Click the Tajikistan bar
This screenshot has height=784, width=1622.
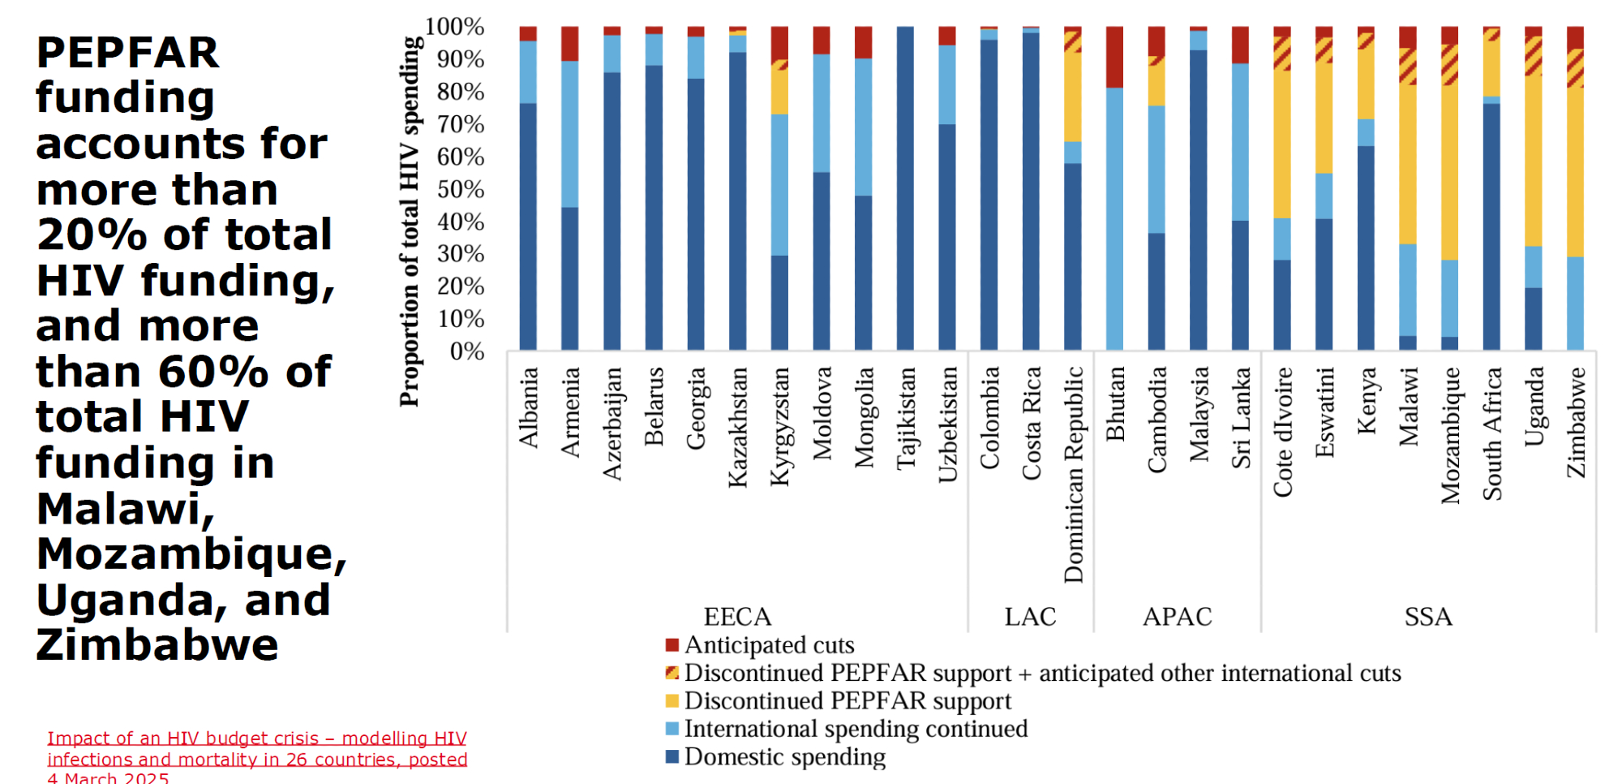[905, 188]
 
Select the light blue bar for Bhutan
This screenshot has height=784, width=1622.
[1114, 219]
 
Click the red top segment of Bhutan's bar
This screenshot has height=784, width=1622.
[1114, 57]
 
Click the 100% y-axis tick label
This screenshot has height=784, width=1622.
[455, 27]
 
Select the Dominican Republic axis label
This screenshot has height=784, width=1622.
[1073, 475]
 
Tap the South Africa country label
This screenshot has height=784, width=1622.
[1492, 433]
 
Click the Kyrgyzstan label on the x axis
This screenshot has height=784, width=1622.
[779, 427]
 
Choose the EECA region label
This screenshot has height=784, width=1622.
[737, 617]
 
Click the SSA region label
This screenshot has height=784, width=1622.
[1428, 617]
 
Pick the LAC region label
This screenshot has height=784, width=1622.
[1030, 617]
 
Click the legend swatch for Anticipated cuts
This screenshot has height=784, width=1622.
[672, 645]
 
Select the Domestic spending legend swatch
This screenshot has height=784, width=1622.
[672, 756]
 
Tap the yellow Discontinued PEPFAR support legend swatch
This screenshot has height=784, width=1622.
[672, 700]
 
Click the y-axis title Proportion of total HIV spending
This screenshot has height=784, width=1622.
[410, 221]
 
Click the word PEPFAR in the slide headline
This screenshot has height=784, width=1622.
[127, 53]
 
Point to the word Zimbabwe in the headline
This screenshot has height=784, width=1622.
[157, 645]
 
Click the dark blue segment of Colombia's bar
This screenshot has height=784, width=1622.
[989, 195]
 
